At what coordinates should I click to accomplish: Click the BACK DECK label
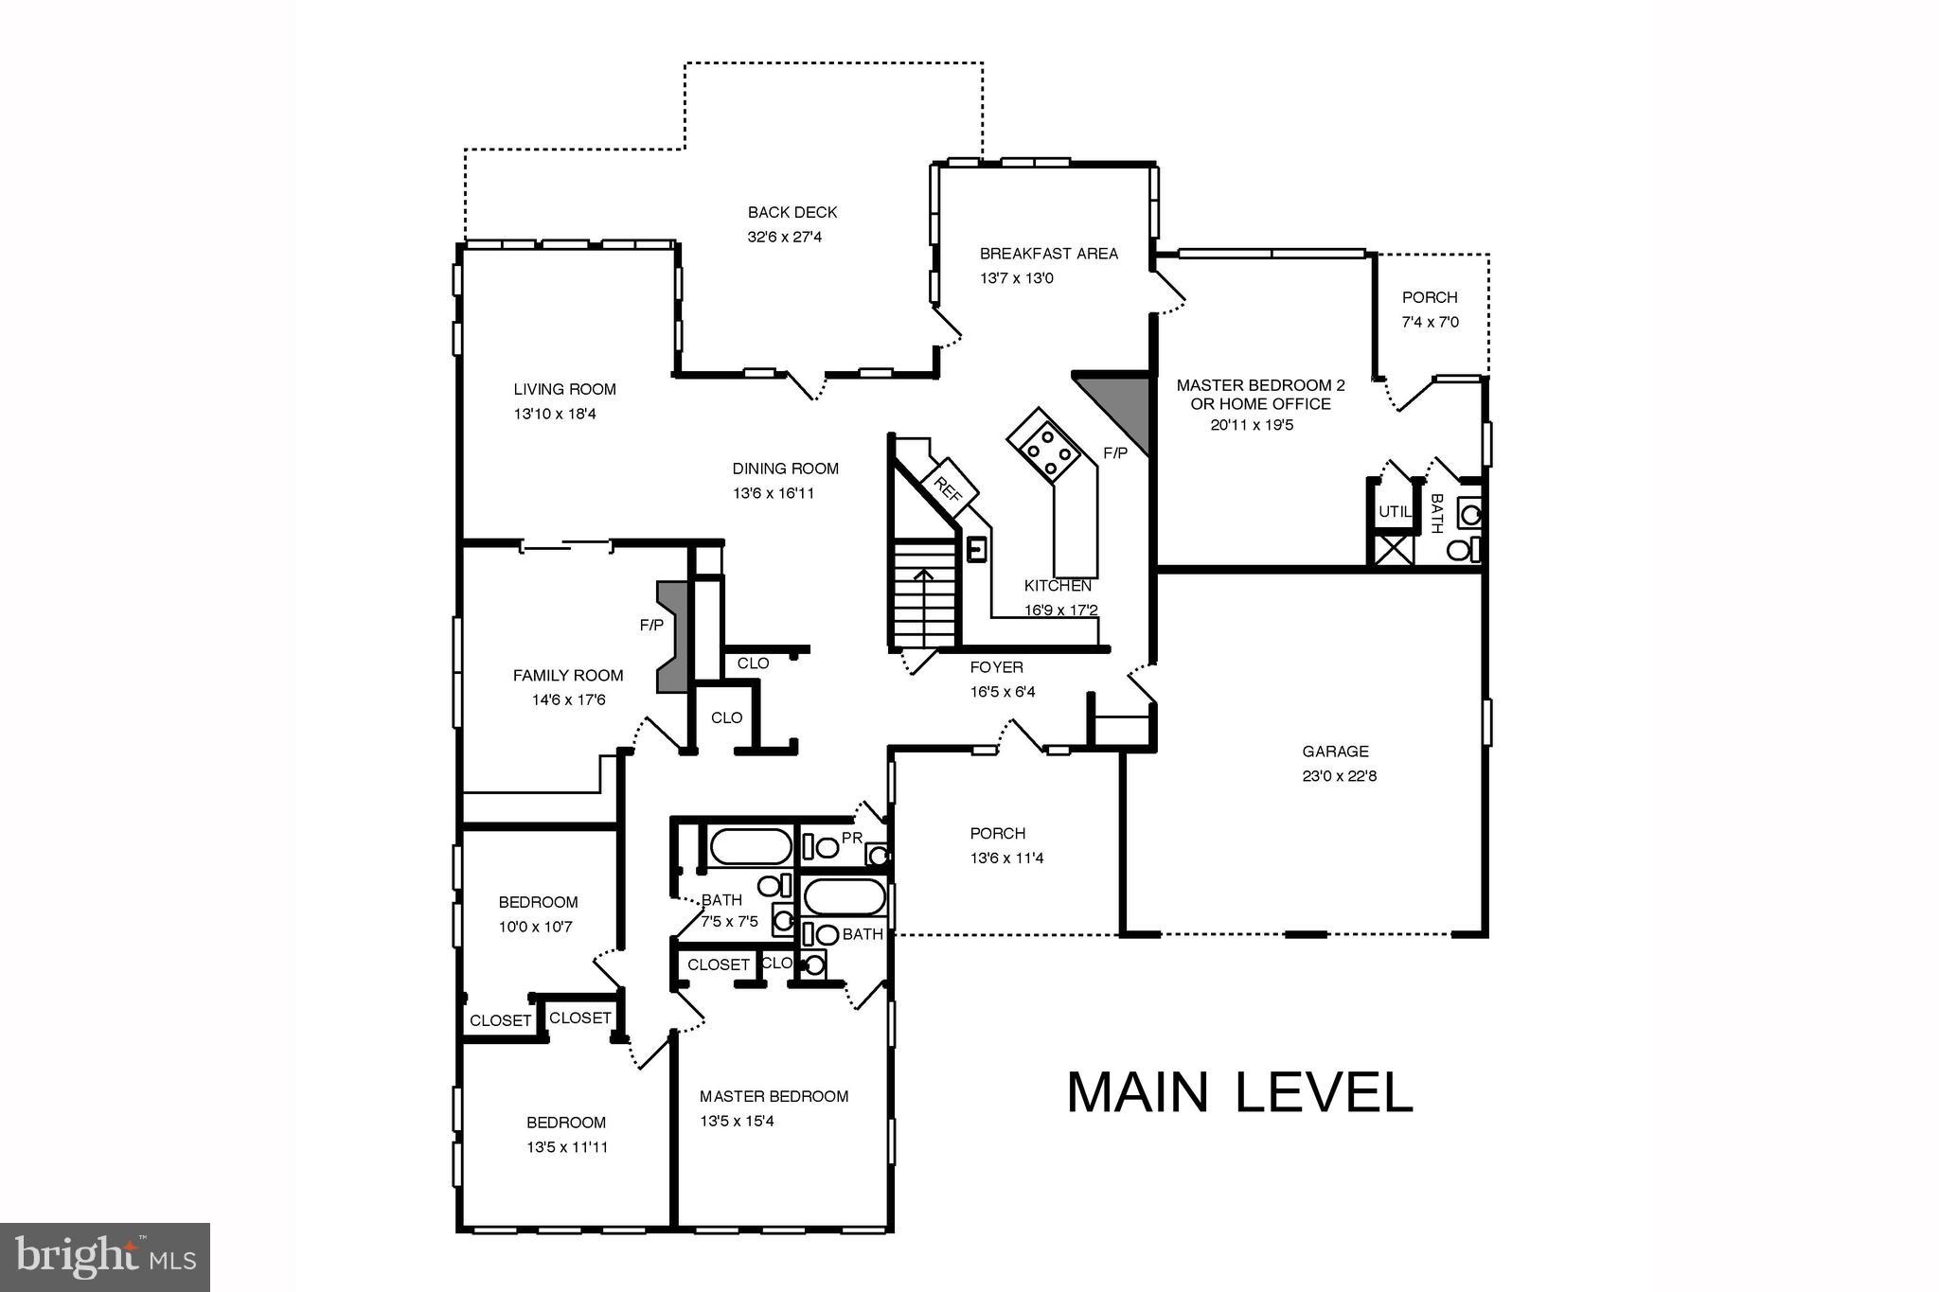792,212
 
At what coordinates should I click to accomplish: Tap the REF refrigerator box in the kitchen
948,488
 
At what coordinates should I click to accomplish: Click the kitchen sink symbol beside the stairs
976,549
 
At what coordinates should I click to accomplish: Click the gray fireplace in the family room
671,637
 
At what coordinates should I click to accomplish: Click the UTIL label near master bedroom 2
1395,511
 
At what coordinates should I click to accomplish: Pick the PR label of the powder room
851,838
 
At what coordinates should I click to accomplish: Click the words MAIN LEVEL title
1239,1092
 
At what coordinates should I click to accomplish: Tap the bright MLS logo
104,1256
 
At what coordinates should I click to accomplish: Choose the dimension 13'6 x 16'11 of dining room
774,493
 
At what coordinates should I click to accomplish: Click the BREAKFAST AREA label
1048,254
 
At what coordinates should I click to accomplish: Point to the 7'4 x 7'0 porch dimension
1430,322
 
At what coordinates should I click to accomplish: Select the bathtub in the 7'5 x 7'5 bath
751,846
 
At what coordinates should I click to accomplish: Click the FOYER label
996,667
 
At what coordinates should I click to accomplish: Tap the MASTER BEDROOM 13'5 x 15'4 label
774,1096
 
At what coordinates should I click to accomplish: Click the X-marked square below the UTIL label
1394,550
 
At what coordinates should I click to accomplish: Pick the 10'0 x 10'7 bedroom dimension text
536,927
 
